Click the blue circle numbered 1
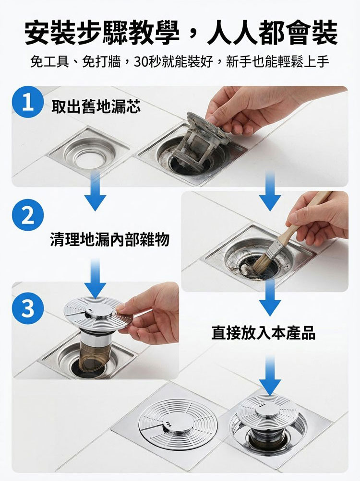(27, 102)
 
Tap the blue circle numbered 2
(27, 215)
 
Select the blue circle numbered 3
(27, 307)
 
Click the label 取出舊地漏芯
(96, 106)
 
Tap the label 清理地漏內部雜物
(110, 239)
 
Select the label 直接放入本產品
(264, 333)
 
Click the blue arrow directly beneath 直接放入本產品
(270, 375)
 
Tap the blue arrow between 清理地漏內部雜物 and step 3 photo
(95, 278)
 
